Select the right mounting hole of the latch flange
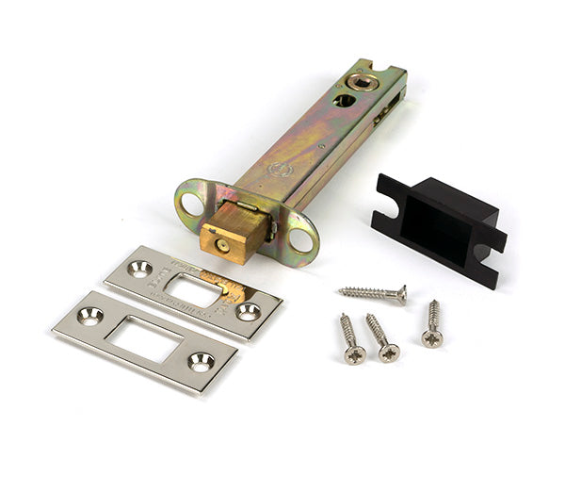[302, 240]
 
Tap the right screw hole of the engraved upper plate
[248, 312]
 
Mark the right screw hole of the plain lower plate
[201, 360]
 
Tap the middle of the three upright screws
[382, 336]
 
